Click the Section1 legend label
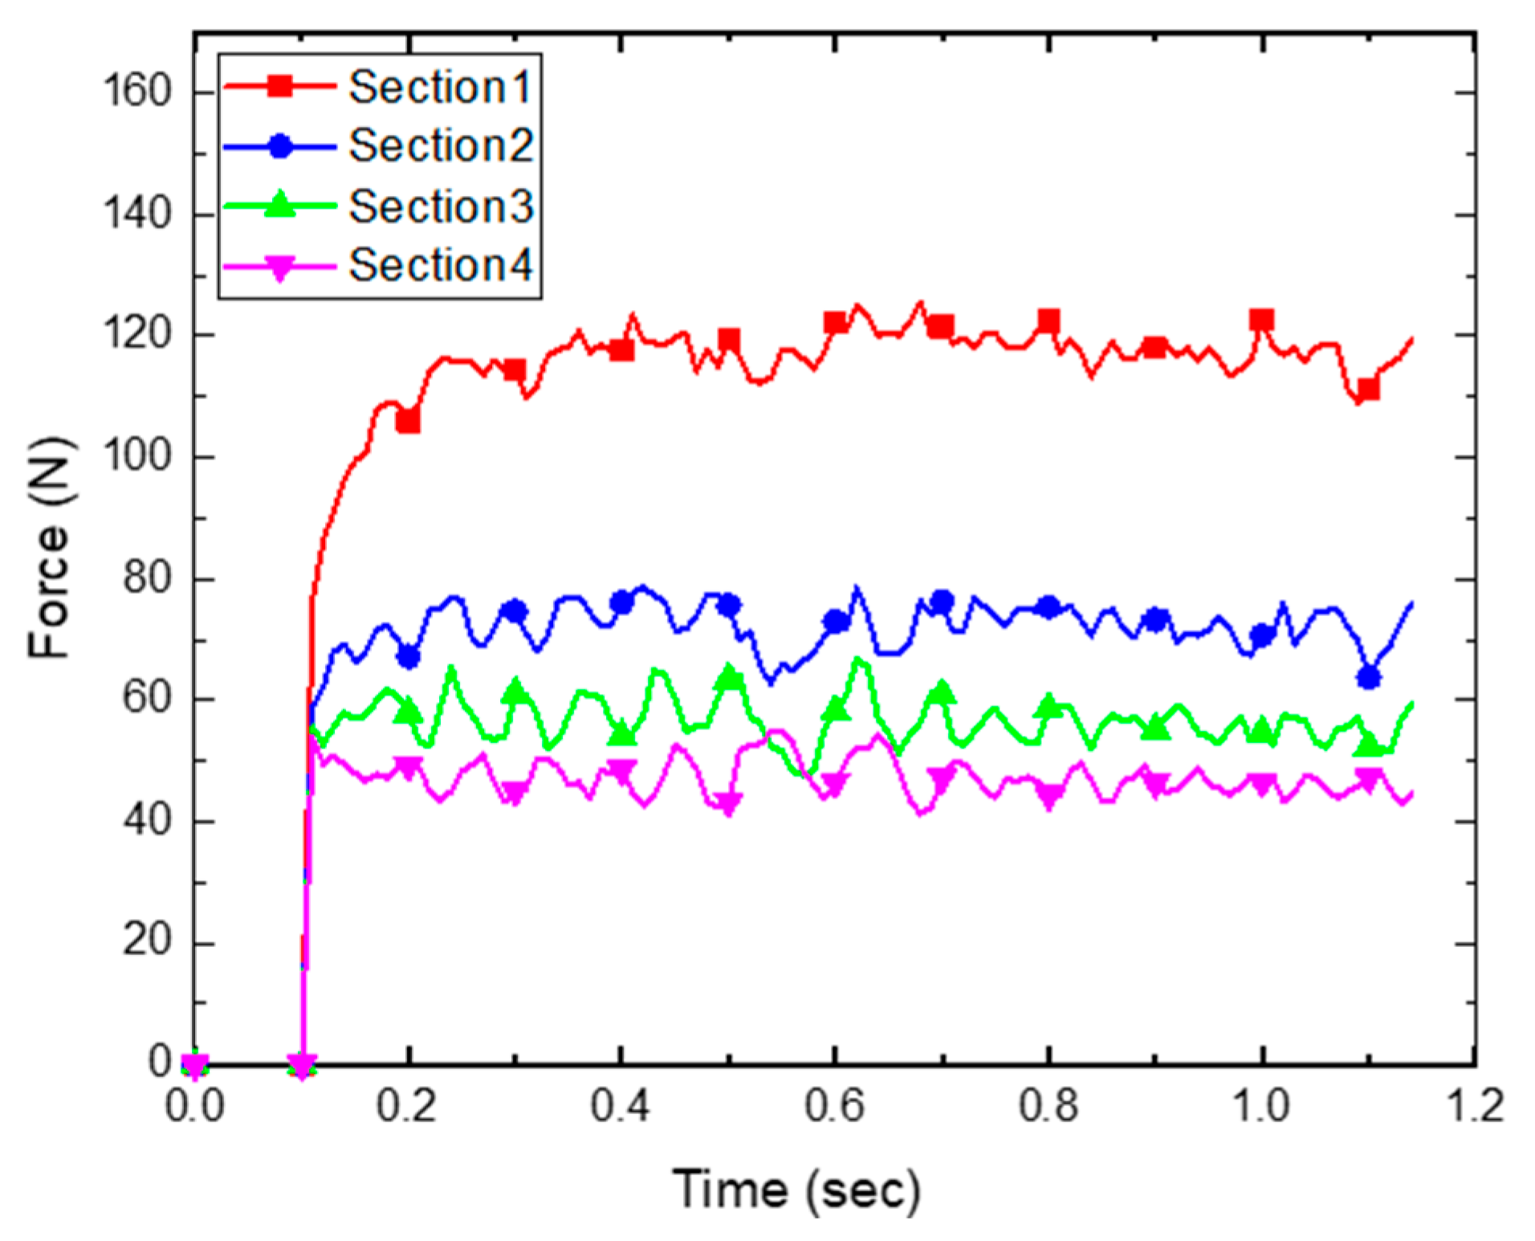pyautogui.click(x=440, y=87)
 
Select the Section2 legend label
pyautogui.click(x=441, y=146)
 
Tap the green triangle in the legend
pyautogui.click(x=280, y=204)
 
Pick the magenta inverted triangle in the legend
pyautogui.click(x=280, y=267)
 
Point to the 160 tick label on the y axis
pyautogui.click(x=137, y=90)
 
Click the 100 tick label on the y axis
pyautogui.click(x=137, y=455)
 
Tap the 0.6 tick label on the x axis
pyautogui.click(x=834, y=1106)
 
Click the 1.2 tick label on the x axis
pyautogui.click(x=1474, y=1106)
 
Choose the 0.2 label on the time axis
pyautogui.click(x=407, y=1106)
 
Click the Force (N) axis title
pyautogui.click(x=50, y=548)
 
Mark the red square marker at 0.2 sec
pyautogui.click(x=408, y=421)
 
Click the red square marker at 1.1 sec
pyautogui.click(x=1368, y=390)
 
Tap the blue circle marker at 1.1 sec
pyautogui.click(x=1368, y=677)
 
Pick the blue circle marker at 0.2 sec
pyautogui.click(x=408, y=656)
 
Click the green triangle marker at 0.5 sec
pyautogui.click(x=728, y=677)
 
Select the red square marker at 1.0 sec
pyautogui.click(x=1261, y=320)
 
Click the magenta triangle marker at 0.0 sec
pyautogui.click(x=195, y=1065)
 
